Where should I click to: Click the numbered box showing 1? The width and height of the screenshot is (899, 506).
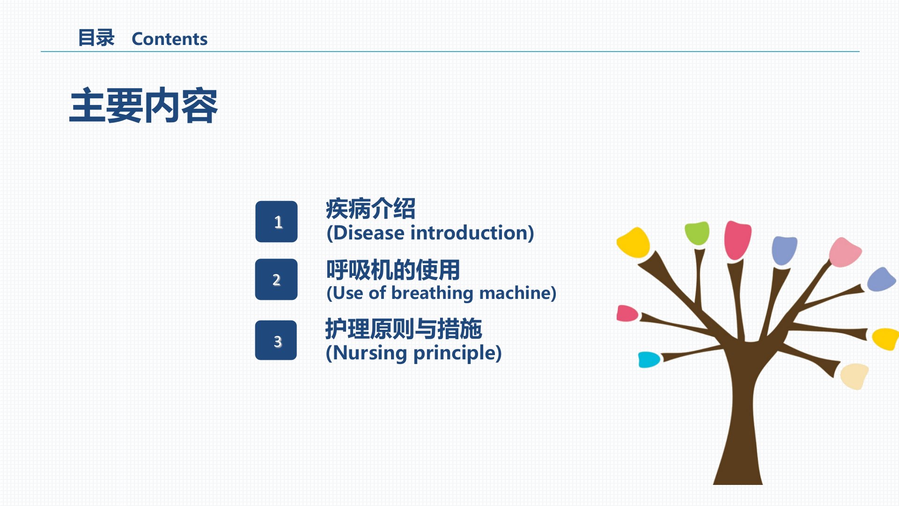coord(276,222)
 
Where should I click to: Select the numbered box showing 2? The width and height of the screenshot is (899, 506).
coord(276,279)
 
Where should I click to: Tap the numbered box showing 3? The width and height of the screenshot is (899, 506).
coord(276,340)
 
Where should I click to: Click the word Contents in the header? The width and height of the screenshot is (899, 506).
coord(169,39)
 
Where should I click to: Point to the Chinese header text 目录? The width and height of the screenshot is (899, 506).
coord(96,38)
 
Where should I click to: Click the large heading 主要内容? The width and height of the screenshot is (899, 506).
coord(143,106)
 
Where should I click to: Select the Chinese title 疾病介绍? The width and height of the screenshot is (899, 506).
coord(370,208)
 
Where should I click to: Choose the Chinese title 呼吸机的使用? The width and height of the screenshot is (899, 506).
coord(393,270)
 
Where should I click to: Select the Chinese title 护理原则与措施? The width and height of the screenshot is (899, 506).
coord(404,329)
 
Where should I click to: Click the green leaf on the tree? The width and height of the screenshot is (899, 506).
coord(697,233)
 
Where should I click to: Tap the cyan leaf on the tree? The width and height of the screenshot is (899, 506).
coord(649,359)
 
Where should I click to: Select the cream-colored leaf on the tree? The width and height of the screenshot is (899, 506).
coord(855,376)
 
